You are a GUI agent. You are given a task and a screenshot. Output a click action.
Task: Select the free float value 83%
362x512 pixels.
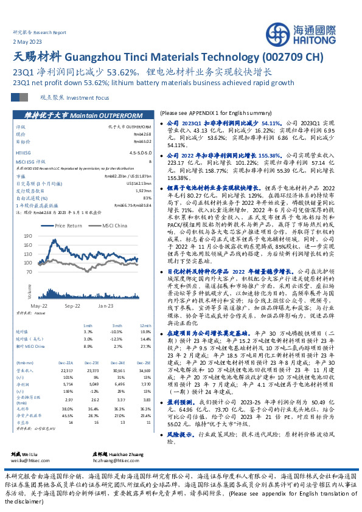coord(147,198)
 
